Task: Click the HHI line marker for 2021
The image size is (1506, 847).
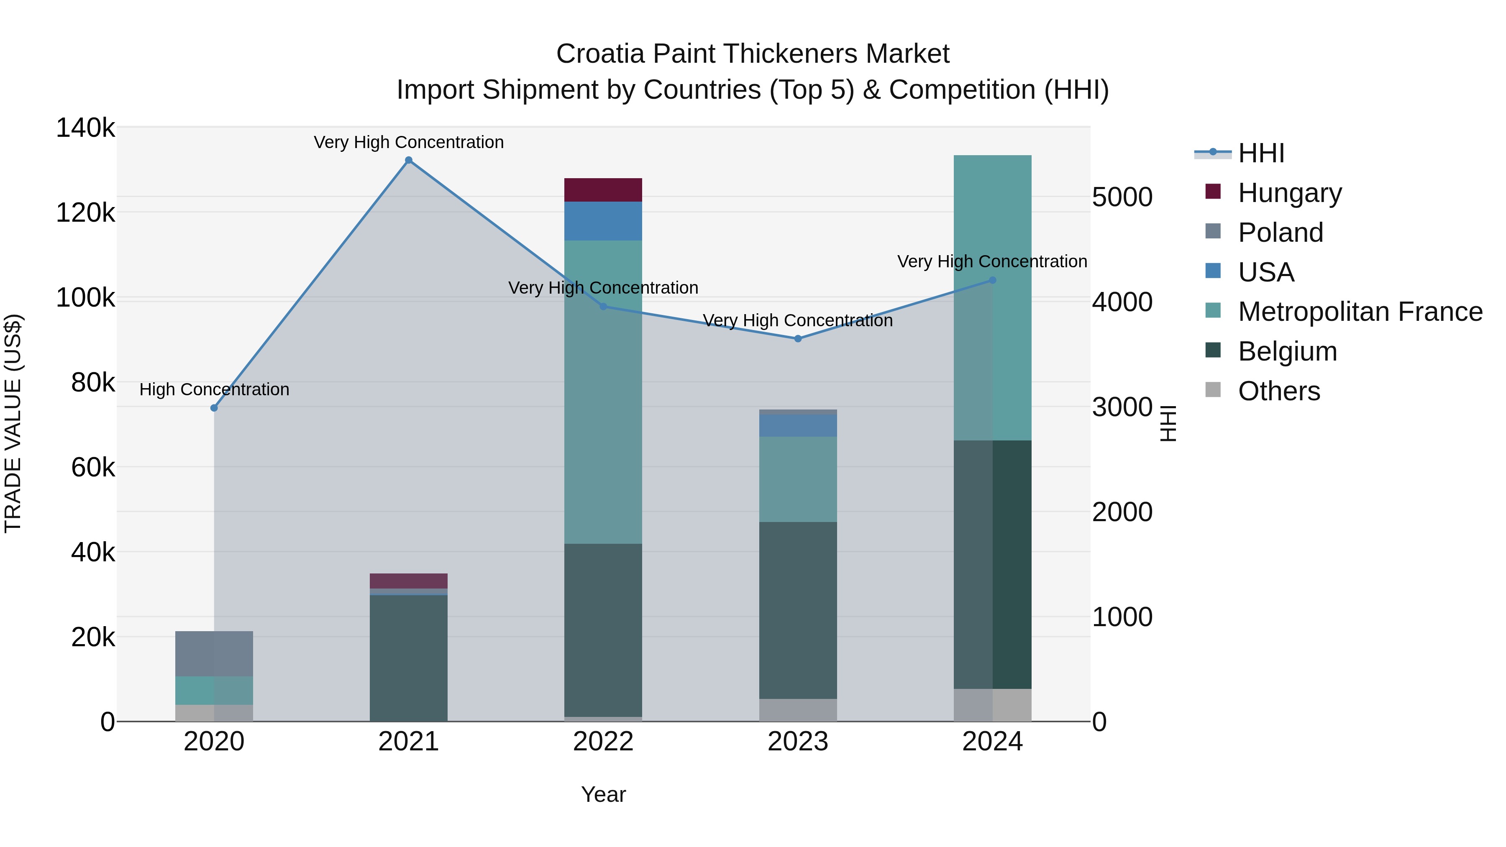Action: [x=409, y=160]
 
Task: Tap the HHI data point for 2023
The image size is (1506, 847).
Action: [x=798, y=338]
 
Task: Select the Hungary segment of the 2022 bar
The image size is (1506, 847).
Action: [x=603, y=190]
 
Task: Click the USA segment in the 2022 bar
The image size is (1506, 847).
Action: [x=603, y=221]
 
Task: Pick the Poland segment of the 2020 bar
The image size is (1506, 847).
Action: [x=214, y=653]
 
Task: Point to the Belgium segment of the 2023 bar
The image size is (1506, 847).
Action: [x=798, y=610]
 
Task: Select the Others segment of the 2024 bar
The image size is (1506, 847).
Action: [x=992, y=705]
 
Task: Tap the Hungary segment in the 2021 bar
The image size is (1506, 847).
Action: [x=409, y=581]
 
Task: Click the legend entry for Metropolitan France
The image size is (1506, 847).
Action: [x=1360, y=312]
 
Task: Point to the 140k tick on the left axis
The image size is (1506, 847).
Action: [x=85, y=128]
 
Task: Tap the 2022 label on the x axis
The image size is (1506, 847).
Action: [x=603, y=742]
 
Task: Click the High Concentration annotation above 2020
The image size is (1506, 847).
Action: [x=214, y=389]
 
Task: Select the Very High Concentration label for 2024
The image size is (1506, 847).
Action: [x=992, y=261]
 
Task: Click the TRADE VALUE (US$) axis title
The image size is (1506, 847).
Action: [x=13, y=423]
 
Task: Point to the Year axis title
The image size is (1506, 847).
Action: [x=603, y=794]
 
